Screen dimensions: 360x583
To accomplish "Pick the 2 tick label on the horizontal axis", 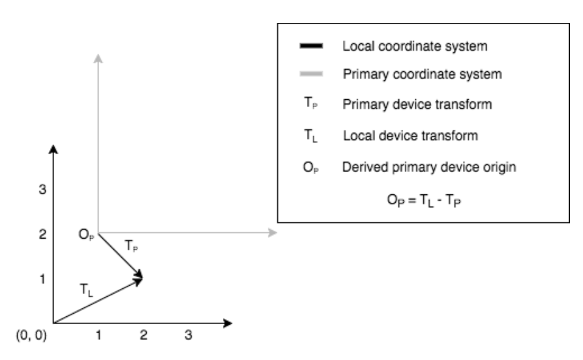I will click(x=143, y=336).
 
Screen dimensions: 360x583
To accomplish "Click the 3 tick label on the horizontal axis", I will click(x=188, y=336).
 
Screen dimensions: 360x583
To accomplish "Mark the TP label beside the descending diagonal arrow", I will click(x=131, y=247).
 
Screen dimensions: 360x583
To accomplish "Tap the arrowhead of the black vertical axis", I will click(x=53, y=149).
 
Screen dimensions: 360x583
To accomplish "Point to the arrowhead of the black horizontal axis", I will click(x=228, y=322).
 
